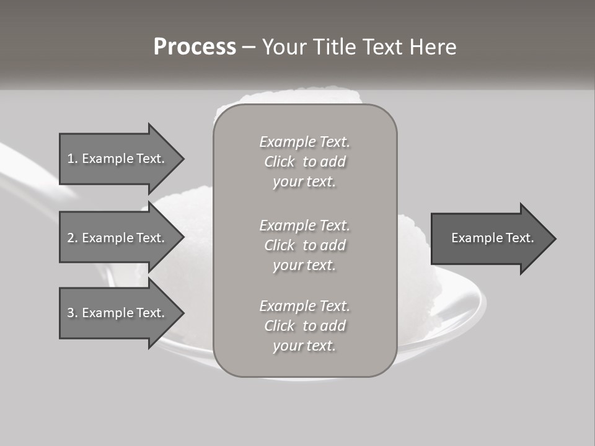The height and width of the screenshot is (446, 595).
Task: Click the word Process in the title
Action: point(195,47)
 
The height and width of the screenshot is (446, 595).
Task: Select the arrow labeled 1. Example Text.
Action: point(118,159)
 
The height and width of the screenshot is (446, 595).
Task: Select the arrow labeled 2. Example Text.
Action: point(118,238)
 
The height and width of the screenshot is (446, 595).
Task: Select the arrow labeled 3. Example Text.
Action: point(118,313)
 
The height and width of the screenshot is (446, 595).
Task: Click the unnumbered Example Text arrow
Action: point(492,238)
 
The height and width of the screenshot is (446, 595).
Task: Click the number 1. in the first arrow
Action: point(73,159)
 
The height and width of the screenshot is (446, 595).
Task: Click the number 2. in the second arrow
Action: point(73,238)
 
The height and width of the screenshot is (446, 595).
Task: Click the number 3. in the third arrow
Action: point(73,313)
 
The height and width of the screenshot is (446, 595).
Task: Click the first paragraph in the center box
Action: point(304,162)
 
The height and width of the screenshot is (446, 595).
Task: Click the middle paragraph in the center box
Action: point(304,245)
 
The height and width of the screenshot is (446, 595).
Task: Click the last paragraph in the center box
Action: point(304,326)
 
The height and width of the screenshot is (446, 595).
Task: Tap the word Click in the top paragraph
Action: point(280,162)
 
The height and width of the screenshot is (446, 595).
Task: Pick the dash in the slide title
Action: point(249,47)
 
